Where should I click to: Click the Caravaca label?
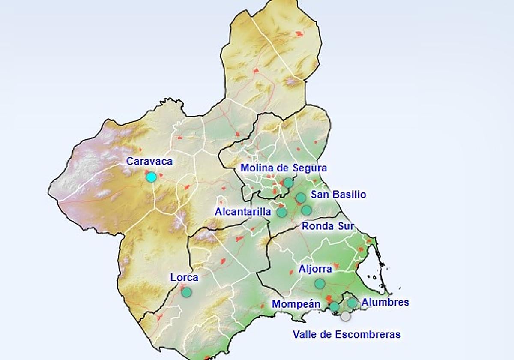click(149, 162)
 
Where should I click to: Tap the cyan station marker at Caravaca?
click(151, 177)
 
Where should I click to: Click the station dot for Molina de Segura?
click(288, 183)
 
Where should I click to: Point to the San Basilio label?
click(338, 195)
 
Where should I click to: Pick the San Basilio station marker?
click(301, 198)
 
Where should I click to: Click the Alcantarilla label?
click(243, 212)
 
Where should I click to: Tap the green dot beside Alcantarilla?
click(282, 212)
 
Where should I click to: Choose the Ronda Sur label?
click(328, 226)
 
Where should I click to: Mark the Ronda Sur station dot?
click(306, 210)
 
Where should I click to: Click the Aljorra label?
click(315, 269)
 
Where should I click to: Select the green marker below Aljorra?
click(320, 283)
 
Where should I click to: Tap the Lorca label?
click(184, 278)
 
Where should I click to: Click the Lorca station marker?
click(186, 292)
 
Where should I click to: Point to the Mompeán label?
click(296, 304)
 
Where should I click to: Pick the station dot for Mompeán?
click(334, 306)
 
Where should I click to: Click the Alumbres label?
click(385, 303)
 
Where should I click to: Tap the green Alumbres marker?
click(352, 303)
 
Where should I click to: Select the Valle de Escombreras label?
click(347, 334)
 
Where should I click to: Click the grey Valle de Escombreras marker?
click(345, 316)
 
